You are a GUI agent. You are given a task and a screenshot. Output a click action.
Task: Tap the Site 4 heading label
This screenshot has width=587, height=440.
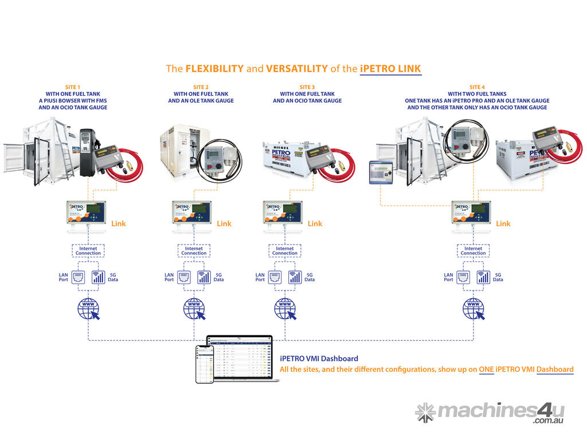click(x=476, y=87)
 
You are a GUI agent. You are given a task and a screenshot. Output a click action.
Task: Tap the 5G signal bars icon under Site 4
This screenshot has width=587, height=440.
click(x=484, y=277)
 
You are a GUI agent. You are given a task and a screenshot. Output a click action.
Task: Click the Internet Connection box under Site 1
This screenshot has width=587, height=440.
click(x=88, y=250)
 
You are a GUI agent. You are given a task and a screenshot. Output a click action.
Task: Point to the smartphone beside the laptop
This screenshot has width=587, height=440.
click(x=205, y=364)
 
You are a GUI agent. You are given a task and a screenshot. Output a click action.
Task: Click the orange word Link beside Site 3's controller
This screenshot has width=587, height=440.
click(x=315, y=223)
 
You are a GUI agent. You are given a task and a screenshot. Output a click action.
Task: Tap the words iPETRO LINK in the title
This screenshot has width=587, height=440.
click(x=390, y=69)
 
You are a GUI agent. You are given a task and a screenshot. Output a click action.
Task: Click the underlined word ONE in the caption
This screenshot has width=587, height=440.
click(x=487, y=370)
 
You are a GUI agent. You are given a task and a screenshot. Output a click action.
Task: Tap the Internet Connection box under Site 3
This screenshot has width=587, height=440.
click(x=285, y=250)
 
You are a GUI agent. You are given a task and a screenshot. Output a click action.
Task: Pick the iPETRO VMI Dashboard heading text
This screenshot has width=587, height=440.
click(x=319, y=359)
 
